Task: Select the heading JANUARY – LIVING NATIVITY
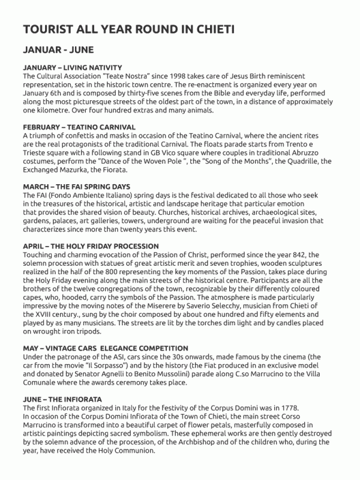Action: [73, 67]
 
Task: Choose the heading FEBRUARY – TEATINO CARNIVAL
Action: [79, 127]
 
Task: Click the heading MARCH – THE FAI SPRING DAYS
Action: [76, 187]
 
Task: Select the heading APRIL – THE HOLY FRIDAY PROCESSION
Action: [91, 247]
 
